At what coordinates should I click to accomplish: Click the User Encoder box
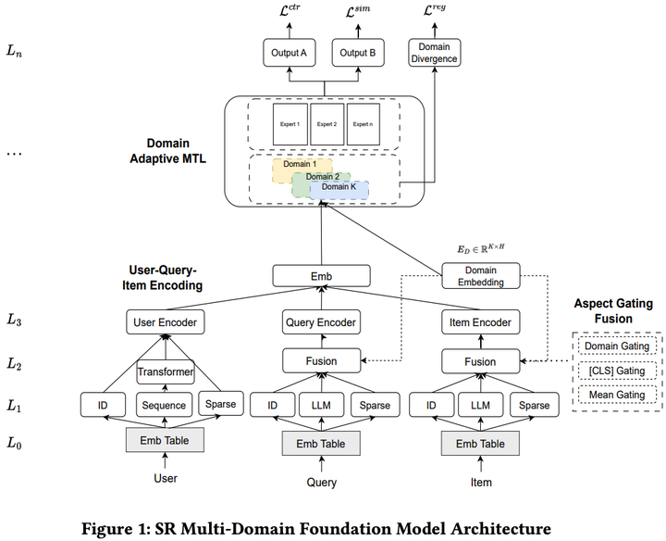tap(165, 323)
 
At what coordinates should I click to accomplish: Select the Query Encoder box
tap(320, 323)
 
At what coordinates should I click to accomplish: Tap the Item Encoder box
tap(480, 323)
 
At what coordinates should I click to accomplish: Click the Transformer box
tap(166, 371)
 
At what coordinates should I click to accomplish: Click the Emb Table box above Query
tap(320, 444)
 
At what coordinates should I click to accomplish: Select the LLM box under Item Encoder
tap(480, 405)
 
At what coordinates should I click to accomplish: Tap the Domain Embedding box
tap(480, 275)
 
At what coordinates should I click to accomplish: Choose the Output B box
tap(357, 53)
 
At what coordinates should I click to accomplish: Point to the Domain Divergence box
tap(433, 53)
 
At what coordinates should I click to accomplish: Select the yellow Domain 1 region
tap(290, 165)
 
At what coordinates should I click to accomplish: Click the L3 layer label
tap(17, 321)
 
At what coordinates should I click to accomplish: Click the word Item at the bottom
tap(480, 482)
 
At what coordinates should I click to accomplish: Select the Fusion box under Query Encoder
tap(320, 361)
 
